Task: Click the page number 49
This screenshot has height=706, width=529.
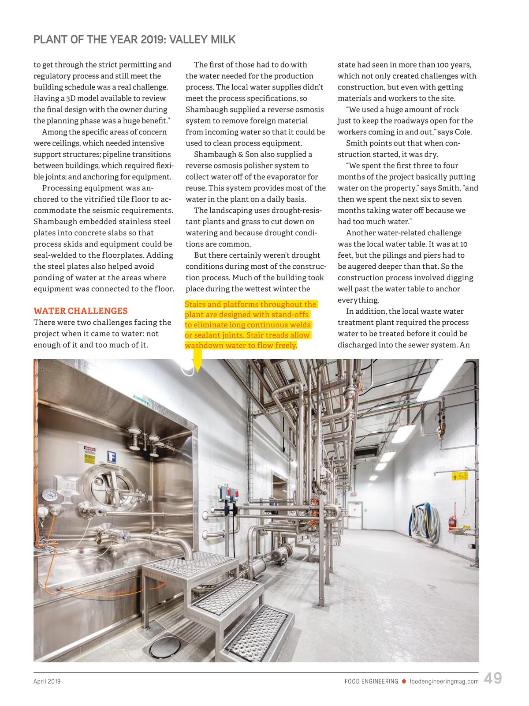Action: (x=492, y=678)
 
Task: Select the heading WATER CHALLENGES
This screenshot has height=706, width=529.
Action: (x=81, y=311)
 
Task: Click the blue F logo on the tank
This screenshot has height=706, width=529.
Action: (x=112, y=457)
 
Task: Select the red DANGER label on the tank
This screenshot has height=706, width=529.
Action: (x=89, y=449)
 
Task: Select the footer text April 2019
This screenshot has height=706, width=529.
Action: (x=47, y=681)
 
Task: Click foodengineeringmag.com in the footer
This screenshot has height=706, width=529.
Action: (x=443, y=681)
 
